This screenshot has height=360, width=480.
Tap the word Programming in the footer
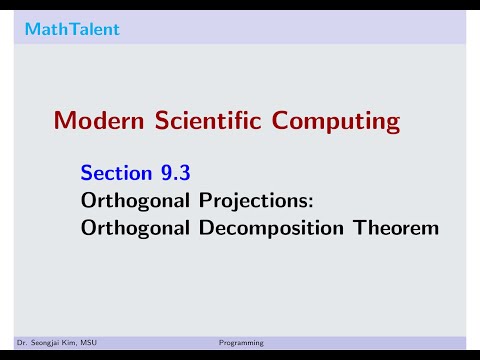click(x=241, y=343)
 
